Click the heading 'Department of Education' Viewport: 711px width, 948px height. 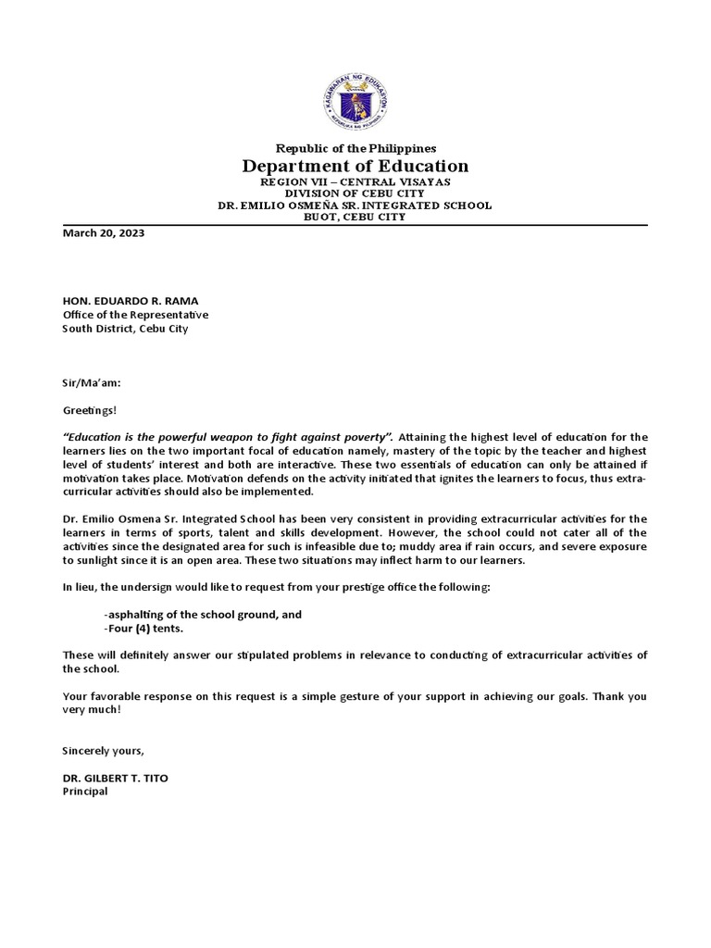[x=355, y=167]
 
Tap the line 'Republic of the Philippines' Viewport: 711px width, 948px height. [x=355, y=148]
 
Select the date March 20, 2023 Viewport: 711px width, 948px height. [x=103, y=233]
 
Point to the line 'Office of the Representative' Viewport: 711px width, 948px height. [x=135, y=315]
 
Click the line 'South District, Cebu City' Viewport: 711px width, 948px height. [x=125, y=329]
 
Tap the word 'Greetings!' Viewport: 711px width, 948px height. [x=91, y=410]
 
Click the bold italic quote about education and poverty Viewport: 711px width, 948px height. [x=228, y=437]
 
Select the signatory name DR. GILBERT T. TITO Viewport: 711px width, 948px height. [x=115, y=779]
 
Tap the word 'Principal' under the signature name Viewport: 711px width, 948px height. [x=85, y=792]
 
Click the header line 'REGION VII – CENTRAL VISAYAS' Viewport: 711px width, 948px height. [x=355, y=182]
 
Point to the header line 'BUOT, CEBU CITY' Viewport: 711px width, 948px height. [x=355, y=218]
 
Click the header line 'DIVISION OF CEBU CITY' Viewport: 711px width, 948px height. [x=355, y=193]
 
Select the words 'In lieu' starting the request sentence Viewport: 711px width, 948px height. [x=80, y=588]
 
